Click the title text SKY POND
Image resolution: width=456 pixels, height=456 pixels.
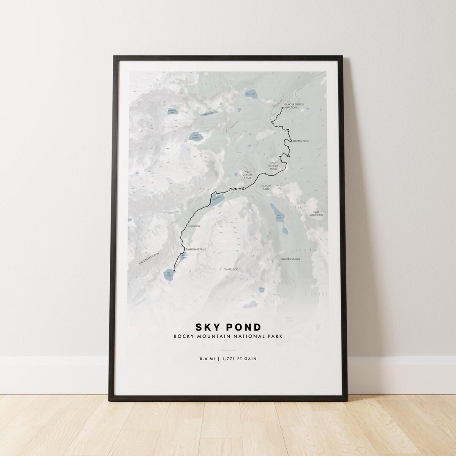pos(228,327)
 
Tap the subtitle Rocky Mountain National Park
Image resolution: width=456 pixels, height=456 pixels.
pos(228,337)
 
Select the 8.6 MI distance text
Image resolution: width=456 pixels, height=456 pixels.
pos(207,359)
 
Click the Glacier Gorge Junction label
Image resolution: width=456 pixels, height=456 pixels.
pos(294,106)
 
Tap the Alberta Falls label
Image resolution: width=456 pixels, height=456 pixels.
pos(300,141)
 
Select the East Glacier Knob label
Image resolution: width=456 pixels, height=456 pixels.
pos(273,166)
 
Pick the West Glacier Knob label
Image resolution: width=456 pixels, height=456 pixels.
pos(247,175)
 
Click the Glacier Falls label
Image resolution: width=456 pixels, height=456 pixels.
pos(266,187)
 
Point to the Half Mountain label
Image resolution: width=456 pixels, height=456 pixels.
pos(318,214)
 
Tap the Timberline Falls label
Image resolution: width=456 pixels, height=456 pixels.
pos(195,250)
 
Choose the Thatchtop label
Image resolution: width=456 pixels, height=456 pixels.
pos(231,269)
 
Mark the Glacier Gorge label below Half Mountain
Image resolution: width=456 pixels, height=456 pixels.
pos(290,258)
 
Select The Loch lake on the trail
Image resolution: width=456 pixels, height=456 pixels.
pos(217,200)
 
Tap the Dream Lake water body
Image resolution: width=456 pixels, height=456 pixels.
pos(208,113)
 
